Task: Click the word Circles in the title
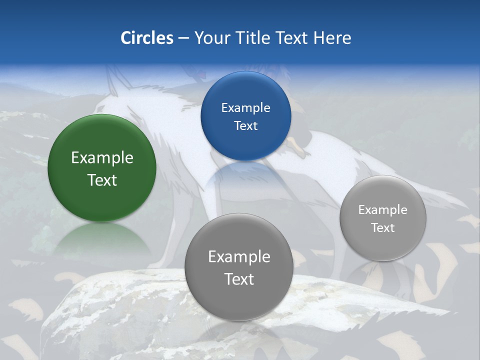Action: (x=146, y=38)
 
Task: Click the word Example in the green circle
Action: (x=102, y=158)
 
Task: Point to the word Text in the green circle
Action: (x=102, y=180)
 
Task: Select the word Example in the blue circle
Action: (x=245, y=108)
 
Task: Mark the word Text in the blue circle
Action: (x=245, y=126)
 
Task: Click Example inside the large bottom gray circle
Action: (x=239, y=257)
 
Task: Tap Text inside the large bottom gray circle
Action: (x=239, y=279)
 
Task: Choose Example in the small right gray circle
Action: (x=383, y=210)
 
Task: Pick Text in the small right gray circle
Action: (x=383, y=228)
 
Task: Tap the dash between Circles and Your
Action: (x=183, y=38)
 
